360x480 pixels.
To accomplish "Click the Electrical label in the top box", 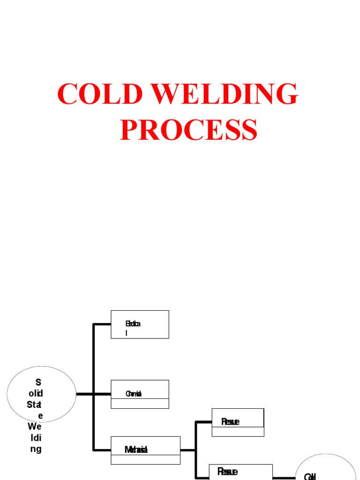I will (x=133, y=324).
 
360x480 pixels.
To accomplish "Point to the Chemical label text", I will (x=134, y=394).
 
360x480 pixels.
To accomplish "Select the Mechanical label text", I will (x=136, y=450).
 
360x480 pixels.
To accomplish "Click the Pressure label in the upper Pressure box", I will (x=230, y=422).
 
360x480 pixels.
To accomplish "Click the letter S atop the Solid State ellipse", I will (x=38, y=382).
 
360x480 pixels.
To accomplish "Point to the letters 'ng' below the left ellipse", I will (x=36, y=449).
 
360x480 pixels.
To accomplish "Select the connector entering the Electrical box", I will (x=102, y=324).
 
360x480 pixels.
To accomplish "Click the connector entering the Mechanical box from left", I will (x=102, y=450).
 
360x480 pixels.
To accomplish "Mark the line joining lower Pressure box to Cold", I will (x=284, y=478).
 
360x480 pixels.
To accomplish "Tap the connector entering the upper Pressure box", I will (x=204, y=422).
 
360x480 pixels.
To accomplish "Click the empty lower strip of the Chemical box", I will (x=140, y=404).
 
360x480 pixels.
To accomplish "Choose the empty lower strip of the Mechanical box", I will (x=145, y=459).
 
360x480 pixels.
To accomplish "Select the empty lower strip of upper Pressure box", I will (x=238, y=432).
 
